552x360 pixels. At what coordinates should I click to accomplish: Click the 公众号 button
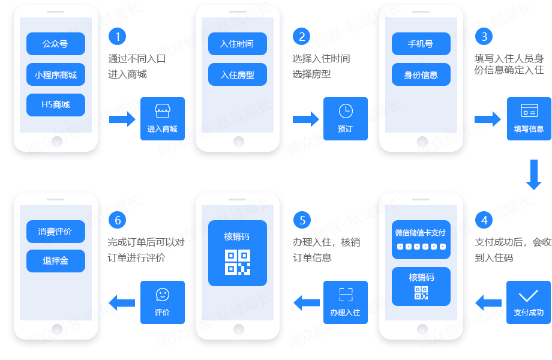[x=56, y=44]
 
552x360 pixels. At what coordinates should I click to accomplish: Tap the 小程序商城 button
[x=56, y=75]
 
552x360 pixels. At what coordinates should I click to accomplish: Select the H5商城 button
[x=56, y=104]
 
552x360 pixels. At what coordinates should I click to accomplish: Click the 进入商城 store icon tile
[x=163, y=119]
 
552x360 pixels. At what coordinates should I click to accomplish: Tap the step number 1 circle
[x=118, y=37]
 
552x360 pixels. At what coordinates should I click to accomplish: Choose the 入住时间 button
[x=238, y=44]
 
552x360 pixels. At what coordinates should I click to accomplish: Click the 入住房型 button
[x=238, y=75]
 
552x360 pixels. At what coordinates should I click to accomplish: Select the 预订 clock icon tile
[x=346, y=119]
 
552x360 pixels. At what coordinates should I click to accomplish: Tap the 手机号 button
[x=421, y=44]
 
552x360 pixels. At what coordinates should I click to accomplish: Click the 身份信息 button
[x=421, y=75]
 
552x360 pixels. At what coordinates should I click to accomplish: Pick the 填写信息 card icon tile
[x=529, y=119]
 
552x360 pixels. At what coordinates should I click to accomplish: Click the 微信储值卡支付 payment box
[x=421, y=239]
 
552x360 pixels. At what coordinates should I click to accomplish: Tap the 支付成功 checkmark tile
[x=529, y=302]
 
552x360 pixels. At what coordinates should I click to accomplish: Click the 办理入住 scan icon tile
[x=346, y=302]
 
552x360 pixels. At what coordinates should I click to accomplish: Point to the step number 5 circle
[x=302, y=220]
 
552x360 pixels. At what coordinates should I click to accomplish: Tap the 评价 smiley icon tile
[x=163, y=302]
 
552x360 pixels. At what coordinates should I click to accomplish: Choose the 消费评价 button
[x=56, y=232]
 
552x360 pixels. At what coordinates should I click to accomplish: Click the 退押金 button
[x=56, y=261]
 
